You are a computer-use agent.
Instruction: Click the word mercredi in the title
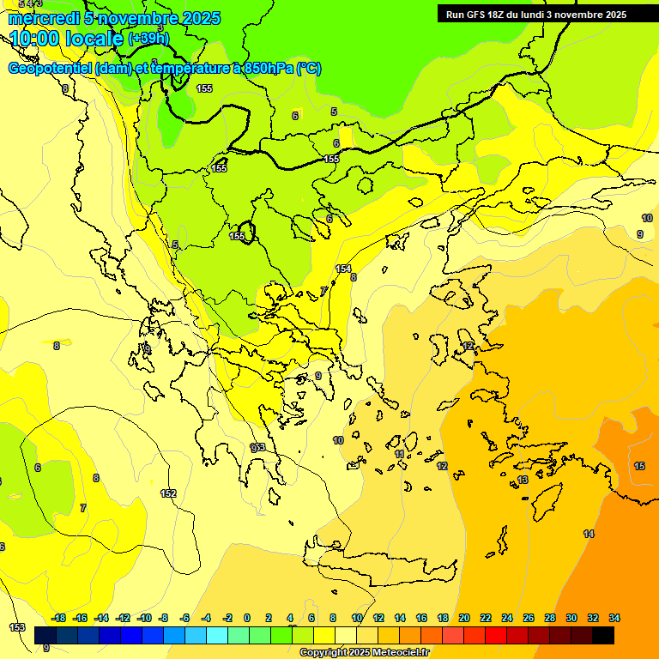pos(44,18)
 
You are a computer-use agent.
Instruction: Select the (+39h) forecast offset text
pos(148,38)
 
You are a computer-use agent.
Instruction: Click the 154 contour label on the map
pos(343,269)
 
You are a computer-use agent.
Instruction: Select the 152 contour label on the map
pos(168,493)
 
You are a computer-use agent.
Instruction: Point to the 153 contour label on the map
pos(17,627)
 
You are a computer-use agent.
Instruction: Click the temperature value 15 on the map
pos(639,466)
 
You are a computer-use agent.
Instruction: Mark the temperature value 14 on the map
pos(589,534)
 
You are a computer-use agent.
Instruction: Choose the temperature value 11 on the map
pos(399,454)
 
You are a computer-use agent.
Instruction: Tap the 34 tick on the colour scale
pos(614,618)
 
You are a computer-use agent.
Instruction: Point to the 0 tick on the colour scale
pos(247,618)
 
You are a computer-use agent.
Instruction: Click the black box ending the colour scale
pos(603,635)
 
